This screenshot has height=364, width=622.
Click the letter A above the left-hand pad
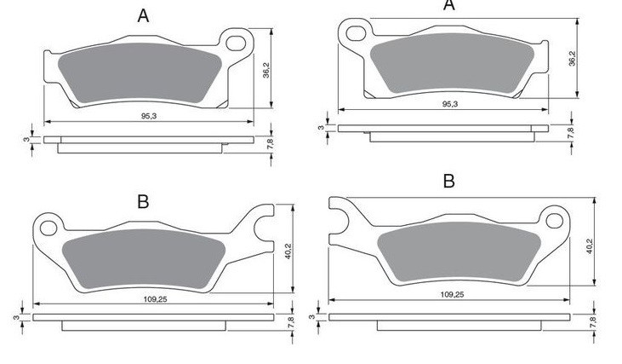click(x=143, y=16)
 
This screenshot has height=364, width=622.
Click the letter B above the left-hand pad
click(x=143, y=202)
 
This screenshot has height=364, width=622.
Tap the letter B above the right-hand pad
click(x=448, y=182)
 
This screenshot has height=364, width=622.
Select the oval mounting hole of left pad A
click(x=236, y=43)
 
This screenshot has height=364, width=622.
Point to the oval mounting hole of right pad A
click(x=356, y=33)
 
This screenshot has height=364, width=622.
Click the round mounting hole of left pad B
click(x=49, y=228)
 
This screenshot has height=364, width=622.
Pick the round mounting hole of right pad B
click(x=554, y=221)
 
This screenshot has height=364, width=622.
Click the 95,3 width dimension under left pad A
click(x=149, y=116)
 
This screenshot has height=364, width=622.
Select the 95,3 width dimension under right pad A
click(x=450, y=104)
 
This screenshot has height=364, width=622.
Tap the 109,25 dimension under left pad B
click(x=155, y=299)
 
